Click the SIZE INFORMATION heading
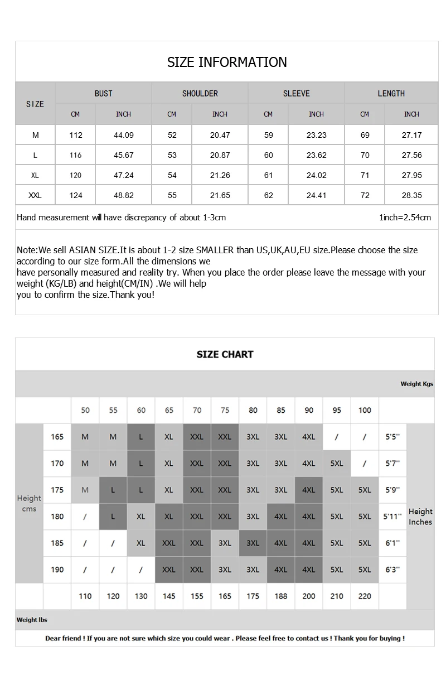pos(227,62)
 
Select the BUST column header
pos(103,93)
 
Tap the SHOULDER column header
pos(200,93)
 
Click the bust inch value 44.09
pos(123,135)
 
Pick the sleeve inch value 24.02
pos(316,175)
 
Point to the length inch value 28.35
pos(411,195)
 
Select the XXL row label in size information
pos(35,195)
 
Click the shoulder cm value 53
pos(172,155)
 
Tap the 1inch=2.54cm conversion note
pos(405,218)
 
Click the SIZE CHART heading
pos(225,354)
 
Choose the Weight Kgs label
pos(416,384)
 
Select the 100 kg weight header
pos(365,410)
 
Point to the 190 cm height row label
pos(57,570)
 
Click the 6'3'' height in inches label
pos(392,570)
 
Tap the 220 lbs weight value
pos(365,596)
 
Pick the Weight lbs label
pos(32,620)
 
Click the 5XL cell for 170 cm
pos(337,463)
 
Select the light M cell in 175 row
pos(85,490)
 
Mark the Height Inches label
pos(420,517)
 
